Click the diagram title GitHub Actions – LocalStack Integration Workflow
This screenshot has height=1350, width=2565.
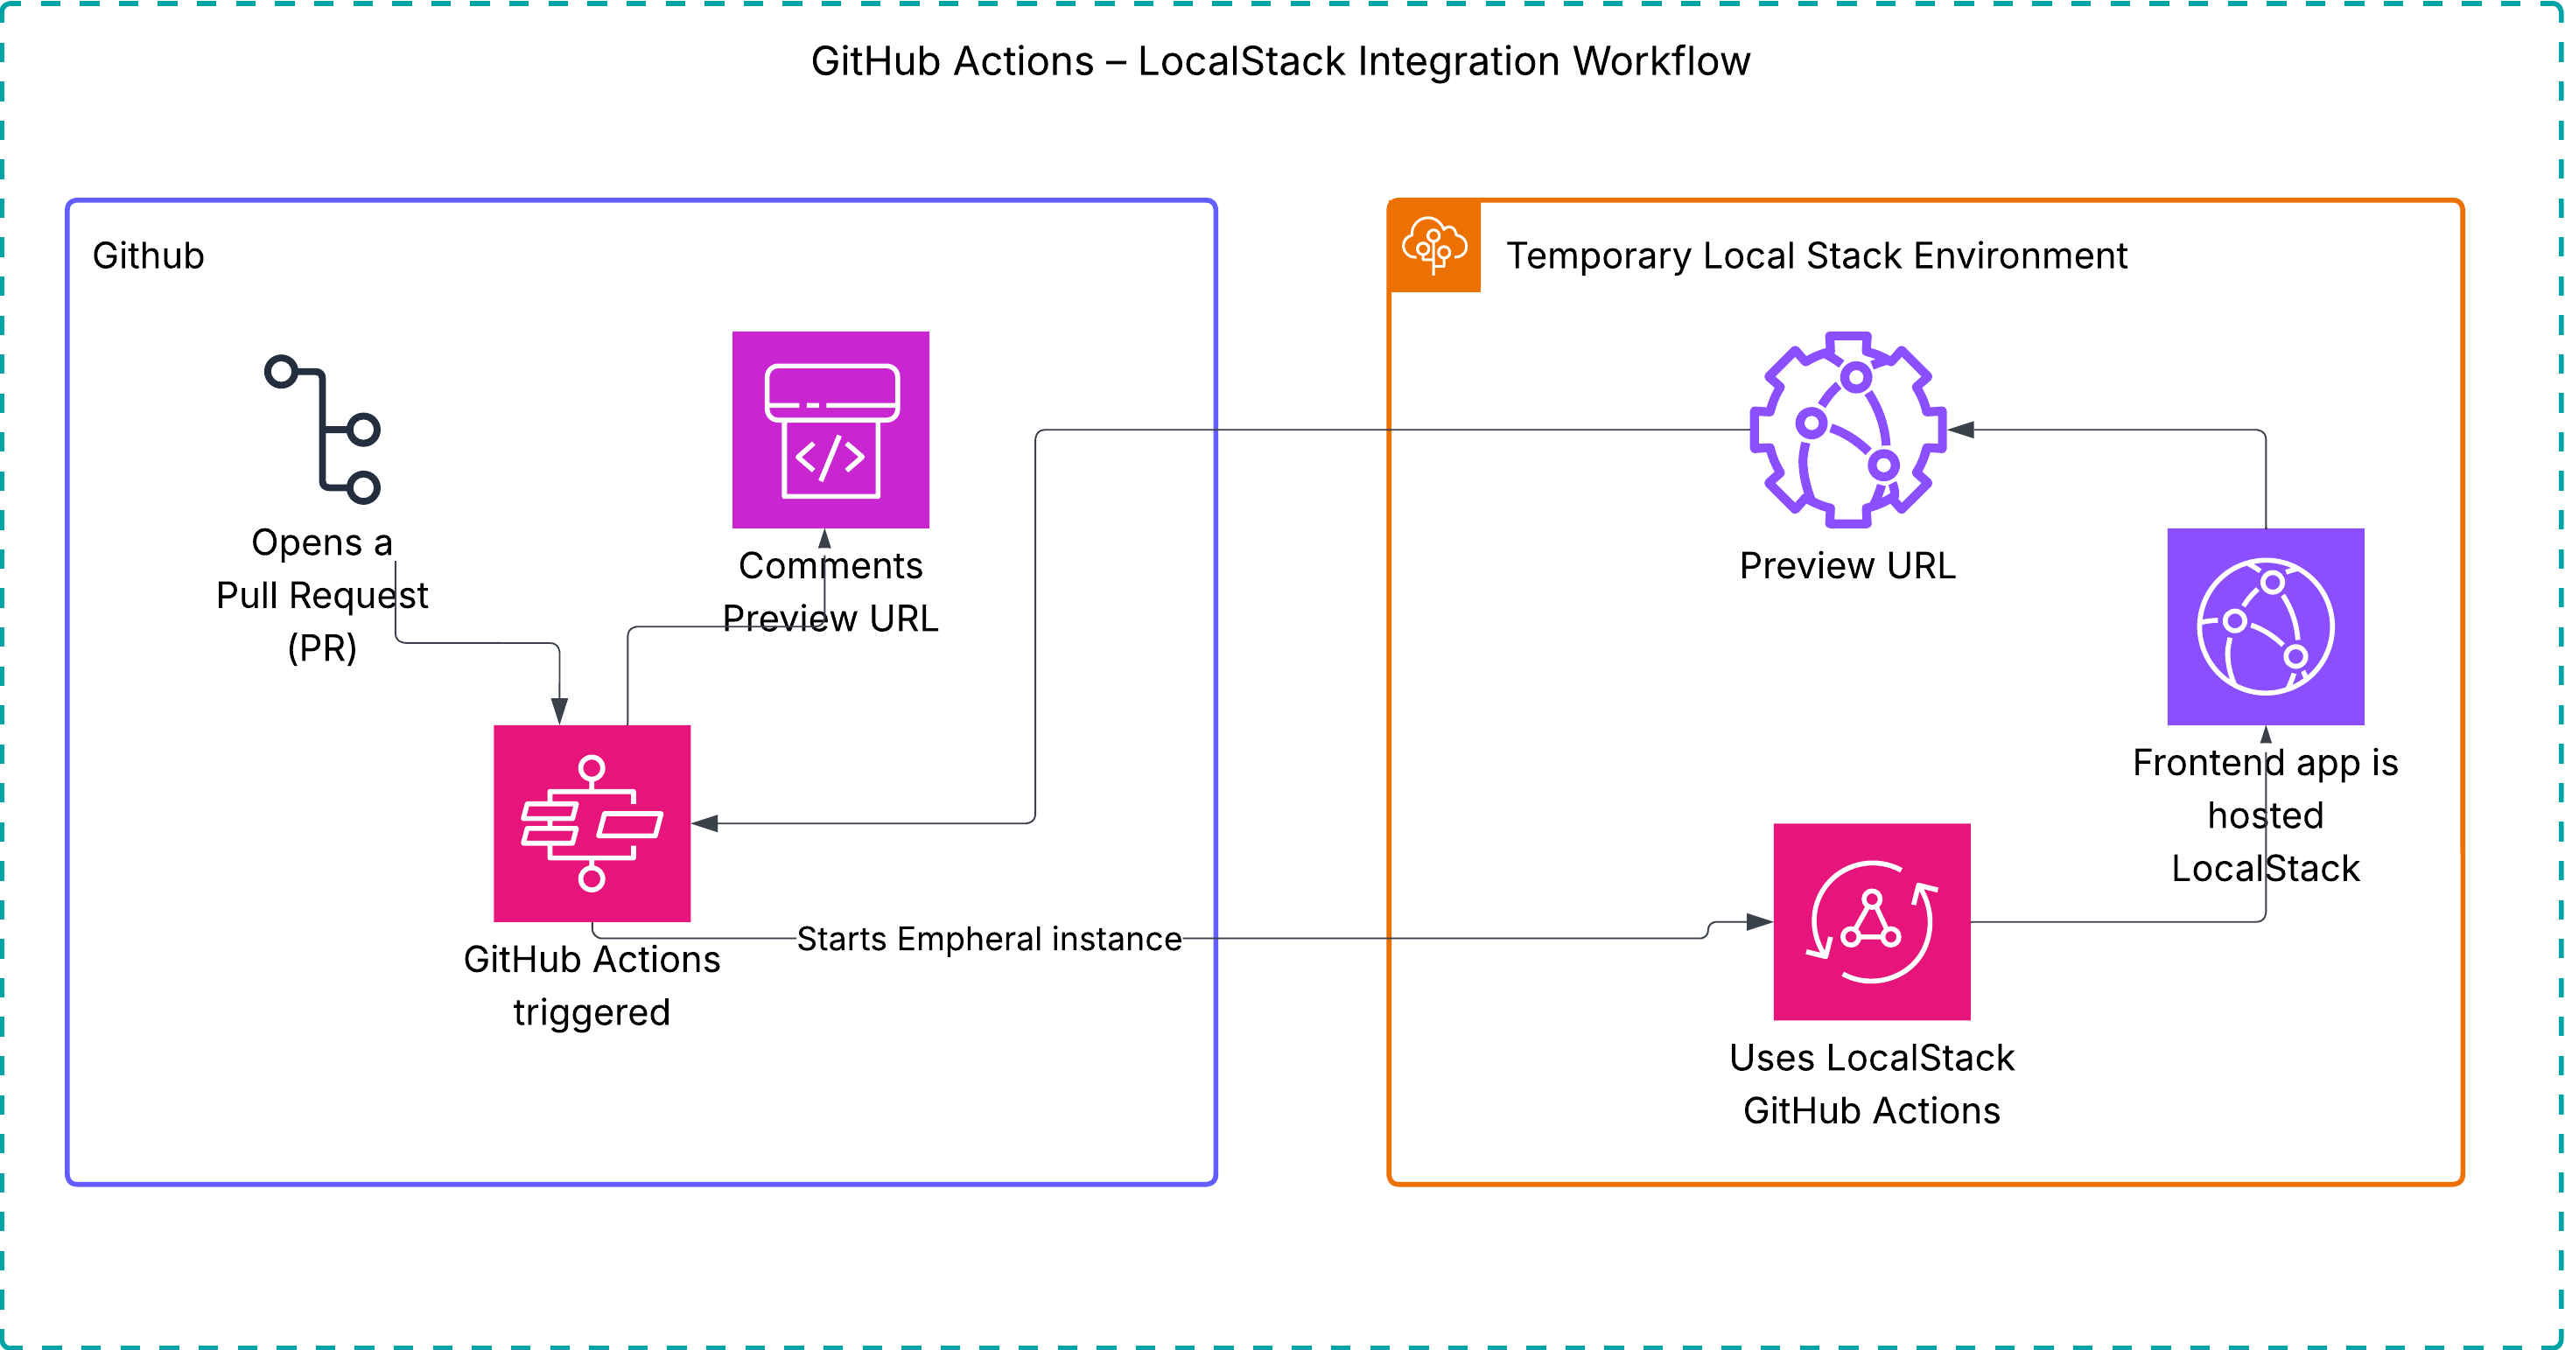(x=1280, y=62)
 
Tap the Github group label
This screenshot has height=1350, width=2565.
(x=149, y=255)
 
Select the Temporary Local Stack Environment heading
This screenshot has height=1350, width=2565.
(x=1816, y=255)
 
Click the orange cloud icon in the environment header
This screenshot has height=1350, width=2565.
(x=1433, y=246)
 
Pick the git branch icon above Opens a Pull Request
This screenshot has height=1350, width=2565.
(x=323, y=429)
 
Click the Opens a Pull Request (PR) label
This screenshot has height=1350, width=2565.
(x=322, y=595)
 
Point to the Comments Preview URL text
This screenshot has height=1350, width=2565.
(x=830, y=591)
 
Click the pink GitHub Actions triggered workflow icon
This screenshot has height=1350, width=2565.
(x=592, y=823)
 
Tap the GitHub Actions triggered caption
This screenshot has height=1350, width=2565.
(x=592, y=986)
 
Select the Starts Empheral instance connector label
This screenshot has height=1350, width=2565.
(x=989, y=939)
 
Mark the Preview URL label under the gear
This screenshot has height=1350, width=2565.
(x=1847, y=565)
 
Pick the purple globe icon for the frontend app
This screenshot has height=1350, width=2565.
(x=2266, y=626)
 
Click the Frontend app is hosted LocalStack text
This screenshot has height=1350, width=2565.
(x=2266, y=815)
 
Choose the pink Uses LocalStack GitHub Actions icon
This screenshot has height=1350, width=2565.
(x=1871, y=922)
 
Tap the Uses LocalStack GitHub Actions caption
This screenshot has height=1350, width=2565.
(x=1871, y=1084)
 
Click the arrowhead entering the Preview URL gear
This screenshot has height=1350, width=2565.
(x=1960, y=430)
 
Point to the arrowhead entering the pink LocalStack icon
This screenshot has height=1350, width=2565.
(x=1761, y=922)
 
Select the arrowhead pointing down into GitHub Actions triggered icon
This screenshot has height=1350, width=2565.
(x=559, y=710)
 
